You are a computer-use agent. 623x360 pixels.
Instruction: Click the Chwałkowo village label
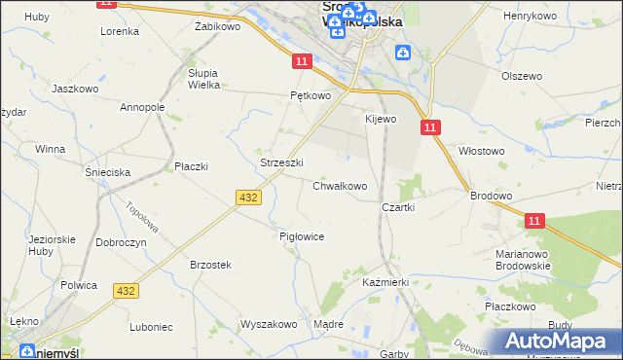tap(340, 186)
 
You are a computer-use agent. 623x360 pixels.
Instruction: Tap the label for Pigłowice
tap(301, 236)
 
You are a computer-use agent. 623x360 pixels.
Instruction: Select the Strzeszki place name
tap(282, 162)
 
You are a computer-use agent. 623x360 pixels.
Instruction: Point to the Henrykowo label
tap(529, 17)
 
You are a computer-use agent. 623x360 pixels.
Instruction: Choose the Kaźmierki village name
tap(385, 281)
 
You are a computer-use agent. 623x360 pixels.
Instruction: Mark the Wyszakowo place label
tap(268, 324)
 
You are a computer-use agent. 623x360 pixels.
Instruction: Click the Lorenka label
tap(120, 31)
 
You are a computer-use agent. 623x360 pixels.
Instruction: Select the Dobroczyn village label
tap(122, 242)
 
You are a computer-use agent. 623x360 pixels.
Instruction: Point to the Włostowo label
tap(482, 151)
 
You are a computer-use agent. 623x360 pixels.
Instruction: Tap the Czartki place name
tap(399, 207)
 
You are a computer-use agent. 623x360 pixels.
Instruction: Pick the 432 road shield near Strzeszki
tap(247, 197)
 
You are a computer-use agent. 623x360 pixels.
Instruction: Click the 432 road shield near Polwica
tap(126, 291)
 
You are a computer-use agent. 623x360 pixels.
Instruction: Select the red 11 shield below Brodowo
tap(533, 222)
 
